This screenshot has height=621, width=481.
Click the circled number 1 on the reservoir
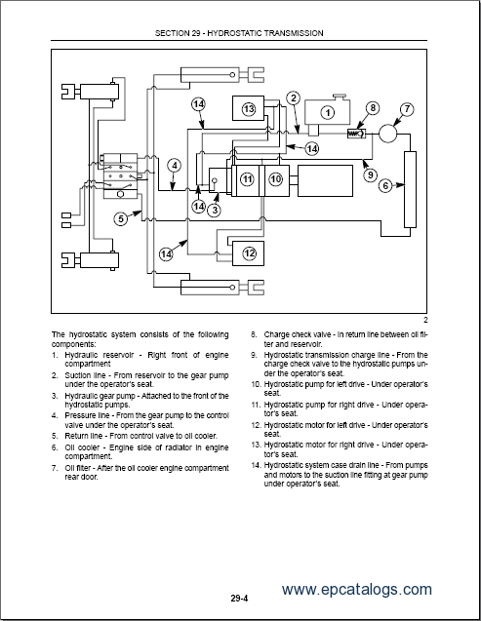328,113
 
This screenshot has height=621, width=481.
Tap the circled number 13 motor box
249,108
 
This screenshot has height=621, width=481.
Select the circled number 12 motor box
249,253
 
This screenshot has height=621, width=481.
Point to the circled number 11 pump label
247,179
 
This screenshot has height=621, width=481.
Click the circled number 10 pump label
276,179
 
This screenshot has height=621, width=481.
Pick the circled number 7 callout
407,109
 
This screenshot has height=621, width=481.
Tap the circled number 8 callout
373,107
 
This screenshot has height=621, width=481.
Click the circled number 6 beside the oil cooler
385,185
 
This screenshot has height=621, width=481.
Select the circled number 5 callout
121,218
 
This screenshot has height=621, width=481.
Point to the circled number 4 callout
175,166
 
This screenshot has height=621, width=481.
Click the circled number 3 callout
215,210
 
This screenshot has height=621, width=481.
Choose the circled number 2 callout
294,98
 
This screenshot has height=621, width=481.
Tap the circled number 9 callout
371,175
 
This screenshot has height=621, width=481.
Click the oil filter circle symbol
388,134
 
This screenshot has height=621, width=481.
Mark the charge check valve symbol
356,134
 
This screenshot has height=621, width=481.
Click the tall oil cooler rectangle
410,189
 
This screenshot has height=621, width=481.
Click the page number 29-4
239,599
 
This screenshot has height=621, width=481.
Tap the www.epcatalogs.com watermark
356,589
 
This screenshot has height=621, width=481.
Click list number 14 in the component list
256,465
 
